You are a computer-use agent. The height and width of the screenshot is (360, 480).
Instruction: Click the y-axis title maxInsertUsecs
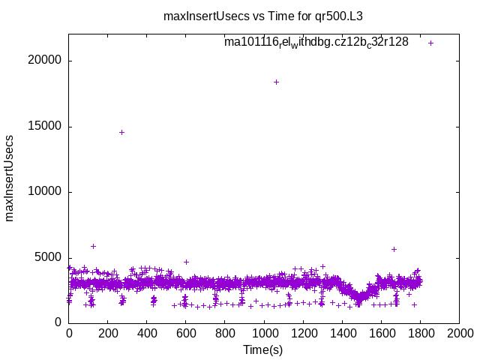[10, 178]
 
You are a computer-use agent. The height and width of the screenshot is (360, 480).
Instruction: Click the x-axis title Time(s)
[263, 349]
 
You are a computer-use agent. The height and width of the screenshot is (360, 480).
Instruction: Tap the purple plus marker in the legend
[431, 43]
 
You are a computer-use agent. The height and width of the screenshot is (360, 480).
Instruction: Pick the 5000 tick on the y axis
[49, 257]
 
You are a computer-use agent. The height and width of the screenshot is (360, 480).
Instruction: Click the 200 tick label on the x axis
[108, 334]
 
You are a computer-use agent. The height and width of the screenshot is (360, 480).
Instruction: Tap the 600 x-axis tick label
[186, 334]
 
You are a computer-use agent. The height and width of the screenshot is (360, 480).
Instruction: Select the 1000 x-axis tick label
[264, 334]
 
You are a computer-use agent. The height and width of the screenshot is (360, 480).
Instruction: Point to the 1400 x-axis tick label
[342, 334]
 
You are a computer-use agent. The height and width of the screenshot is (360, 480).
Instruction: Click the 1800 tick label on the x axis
[420, 334]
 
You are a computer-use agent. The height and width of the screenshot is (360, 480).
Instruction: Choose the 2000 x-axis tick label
[459, 334]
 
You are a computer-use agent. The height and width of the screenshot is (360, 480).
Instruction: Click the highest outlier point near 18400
[276, 82]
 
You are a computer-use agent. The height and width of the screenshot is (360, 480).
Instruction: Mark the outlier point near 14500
[121, 132]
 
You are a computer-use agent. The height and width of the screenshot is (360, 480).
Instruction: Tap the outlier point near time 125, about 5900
[93, 246]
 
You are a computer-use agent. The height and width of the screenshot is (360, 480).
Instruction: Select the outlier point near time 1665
[394, 249]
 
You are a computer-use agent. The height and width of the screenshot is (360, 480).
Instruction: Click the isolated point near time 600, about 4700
[186, 262]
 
